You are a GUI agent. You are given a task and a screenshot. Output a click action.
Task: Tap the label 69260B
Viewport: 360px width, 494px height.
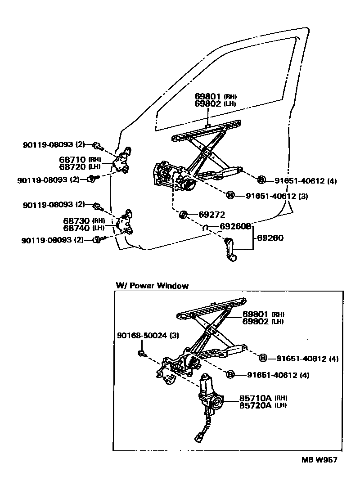click(235, 226)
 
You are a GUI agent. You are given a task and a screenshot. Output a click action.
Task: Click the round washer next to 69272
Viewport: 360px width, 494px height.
click(183, 215)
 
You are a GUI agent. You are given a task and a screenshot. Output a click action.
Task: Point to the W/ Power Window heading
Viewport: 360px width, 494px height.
click(152, 286)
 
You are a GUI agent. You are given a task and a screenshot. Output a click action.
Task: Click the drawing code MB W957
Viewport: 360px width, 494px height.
click(319, 460)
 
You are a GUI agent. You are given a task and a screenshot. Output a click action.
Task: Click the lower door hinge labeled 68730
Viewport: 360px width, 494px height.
click(126, 222)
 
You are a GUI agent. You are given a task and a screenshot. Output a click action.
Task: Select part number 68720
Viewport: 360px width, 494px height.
click(74, 166)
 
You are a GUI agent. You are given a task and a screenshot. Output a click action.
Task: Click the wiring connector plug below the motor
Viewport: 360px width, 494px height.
click(198, 436)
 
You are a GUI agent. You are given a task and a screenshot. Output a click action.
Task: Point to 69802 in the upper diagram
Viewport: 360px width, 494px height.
click(208, 103)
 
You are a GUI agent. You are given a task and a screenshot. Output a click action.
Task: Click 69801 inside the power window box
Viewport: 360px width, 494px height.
click(256, 314)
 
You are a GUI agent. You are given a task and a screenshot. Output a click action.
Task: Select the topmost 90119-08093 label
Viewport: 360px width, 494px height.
click(54, 145)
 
